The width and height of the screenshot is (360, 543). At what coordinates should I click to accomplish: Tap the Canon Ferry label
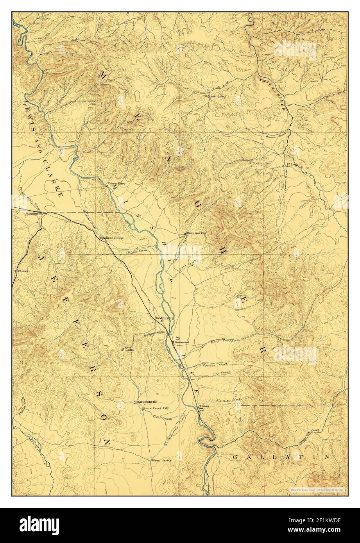tap(116, 183)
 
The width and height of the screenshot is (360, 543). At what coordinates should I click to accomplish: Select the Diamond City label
tap(197, 233)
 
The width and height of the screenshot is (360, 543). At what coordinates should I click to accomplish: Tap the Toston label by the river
tap(204, 406)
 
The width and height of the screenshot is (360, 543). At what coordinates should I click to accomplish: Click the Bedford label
tap(162, 318)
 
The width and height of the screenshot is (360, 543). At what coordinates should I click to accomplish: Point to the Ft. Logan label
tap(293, 164)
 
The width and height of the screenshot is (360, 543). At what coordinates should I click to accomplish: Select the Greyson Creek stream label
tap(215, 365)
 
